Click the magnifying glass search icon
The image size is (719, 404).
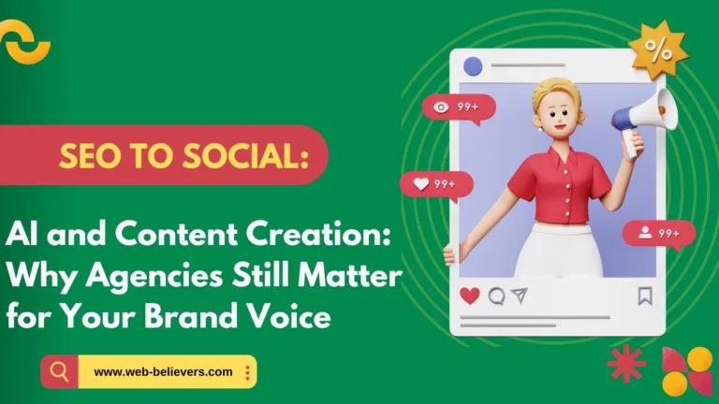tap(60, 372)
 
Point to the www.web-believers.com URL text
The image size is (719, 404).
tap(163, 372)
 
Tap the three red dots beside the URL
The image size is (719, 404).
tap(247, 372)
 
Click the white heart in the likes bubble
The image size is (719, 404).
tap(421, 184)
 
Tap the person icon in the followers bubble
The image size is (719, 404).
tap(644, 233)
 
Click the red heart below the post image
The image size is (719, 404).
tap(470, 296)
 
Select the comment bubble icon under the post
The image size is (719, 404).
tap(496, 296)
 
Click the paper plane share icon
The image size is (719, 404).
tap(520, 296)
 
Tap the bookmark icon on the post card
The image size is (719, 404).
tap(645, 296)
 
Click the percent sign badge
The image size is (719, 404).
tap(658, 52)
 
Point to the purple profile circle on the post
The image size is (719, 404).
tap(473, 66)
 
